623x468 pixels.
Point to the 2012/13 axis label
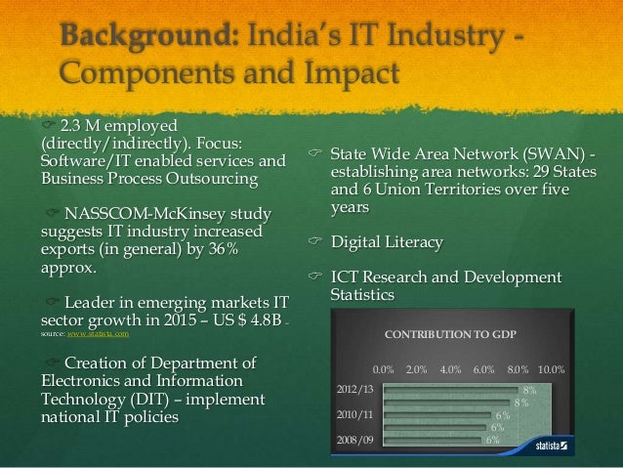pos(355,389)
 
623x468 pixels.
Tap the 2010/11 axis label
pos(355,414)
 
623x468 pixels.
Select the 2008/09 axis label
pos(355,440)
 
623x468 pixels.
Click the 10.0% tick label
pos(552,370)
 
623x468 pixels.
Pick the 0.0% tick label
pos(384,370)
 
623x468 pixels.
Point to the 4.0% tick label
pos(451,370)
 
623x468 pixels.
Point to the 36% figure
pos(237,251)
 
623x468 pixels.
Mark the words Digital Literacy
pos(386,242)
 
